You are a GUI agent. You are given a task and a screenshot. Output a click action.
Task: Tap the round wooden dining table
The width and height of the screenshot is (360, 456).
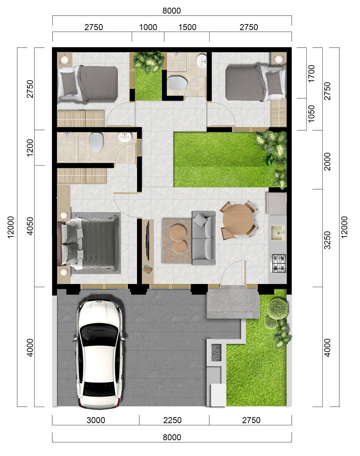pos(238,220)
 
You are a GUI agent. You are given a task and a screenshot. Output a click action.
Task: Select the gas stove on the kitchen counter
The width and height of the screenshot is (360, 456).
pos(279,263)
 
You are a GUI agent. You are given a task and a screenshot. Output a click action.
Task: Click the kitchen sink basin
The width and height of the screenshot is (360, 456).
pos(278,233)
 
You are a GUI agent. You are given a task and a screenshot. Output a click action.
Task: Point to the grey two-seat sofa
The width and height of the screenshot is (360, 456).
pos(204,238)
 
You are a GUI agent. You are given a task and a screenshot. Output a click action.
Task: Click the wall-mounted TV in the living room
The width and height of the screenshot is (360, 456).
pos(148,240)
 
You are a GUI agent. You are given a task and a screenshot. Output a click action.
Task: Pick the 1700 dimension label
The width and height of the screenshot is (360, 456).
pos(311,74)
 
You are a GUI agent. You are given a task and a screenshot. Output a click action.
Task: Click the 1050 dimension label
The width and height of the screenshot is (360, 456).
pos(311,114)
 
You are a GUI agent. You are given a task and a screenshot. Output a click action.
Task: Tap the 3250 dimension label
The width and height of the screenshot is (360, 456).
pos(328,240)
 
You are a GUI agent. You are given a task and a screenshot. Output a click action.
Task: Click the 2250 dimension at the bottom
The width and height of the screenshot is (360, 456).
pos(172,420)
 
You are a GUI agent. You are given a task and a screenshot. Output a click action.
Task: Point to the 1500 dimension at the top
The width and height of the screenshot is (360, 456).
pos(187,27)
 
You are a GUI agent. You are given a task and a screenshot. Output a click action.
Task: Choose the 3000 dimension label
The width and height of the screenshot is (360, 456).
pos(96,420)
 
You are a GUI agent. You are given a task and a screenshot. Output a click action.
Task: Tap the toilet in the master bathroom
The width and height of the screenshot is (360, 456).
pos(96,142)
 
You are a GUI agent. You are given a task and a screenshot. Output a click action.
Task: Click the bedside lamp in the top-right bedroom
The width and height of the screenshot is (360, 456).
pos(279,59)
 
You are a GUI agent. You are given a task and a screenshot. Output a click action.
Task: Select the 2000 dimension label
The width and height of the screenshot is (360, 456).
pos(328,162)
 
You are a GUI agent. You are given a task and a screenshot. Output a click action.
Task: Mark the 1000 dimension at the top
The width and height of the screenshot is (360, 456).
pos(148,27)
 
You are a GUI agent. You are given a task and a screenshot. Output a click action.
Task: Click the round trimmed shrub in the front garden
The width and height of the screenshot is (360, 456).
pos(278,308)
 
